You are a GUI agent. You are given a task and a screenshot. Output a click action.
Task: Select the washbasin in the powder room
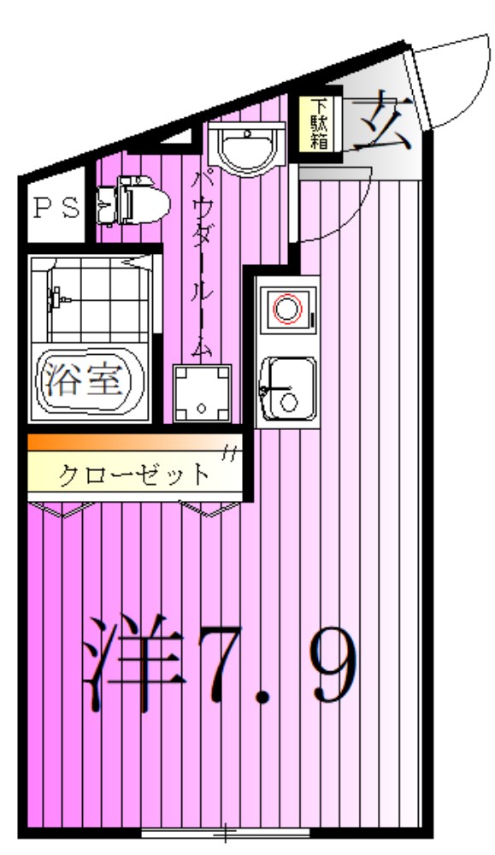point(248,147)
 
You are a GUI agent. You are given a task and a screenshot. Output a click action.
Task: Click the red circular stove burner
point(288,308)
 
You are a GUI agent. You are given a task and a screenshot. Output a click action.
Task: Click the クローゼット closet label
point(133,475)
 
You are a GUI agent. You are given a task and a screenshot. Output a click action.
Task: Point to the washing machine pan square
point(202,392)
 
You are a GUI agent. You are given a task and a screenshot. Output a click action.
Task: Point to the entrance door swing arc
point(453,81)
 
